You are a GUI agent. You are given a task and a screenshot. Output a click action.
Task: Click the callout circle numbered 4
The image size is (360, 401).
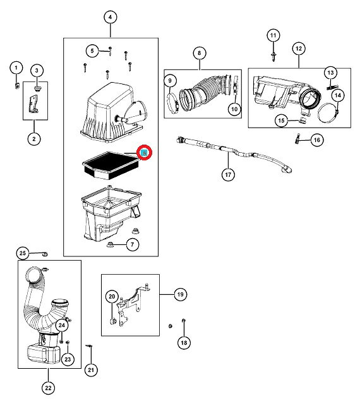111,17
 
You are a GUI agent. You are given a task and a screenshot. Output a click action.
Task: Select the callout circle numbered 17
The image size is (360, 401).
228,175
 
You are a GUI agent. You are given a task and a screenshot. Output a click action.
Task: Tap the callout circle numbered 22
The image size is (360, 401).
49,388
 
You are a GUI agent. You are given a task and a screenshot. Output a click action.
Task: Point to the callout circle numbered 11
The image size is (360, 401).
273,35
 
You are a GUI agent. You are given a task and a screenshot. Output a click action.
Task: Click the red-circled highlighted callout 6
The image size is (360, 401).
144,153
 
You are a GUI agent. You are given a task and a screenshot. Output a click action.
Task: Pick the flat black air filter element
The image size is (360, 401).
111,165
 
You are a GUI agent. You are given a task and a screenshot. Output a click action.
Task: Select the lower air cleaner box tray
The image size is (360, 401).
111,214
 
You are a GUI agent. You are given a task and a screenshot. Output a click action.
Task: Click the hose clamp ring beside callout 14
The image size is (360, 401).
328,113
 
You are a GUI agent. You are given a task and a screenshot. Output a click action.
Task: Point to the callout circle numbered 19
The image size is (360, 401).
181,294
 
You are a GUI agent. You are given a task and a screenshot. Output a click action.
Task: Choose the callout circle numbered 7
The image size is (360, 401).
133,244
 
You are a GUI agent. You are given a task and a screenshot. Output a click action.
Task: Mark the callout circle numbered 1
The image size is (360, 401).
16,68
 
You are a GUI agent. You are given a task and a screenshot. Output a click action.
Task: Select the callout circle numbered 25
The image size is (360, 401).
23,253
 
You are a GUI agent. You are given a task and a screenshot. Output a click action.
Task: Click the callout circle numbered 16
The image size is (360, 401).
317,140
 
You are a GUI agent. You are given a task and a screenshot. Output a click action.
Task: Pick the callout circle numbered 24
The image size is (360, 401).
62,325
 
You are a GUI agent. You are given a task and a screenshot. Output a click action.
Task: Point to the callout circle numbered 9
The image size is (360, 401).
170,81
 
